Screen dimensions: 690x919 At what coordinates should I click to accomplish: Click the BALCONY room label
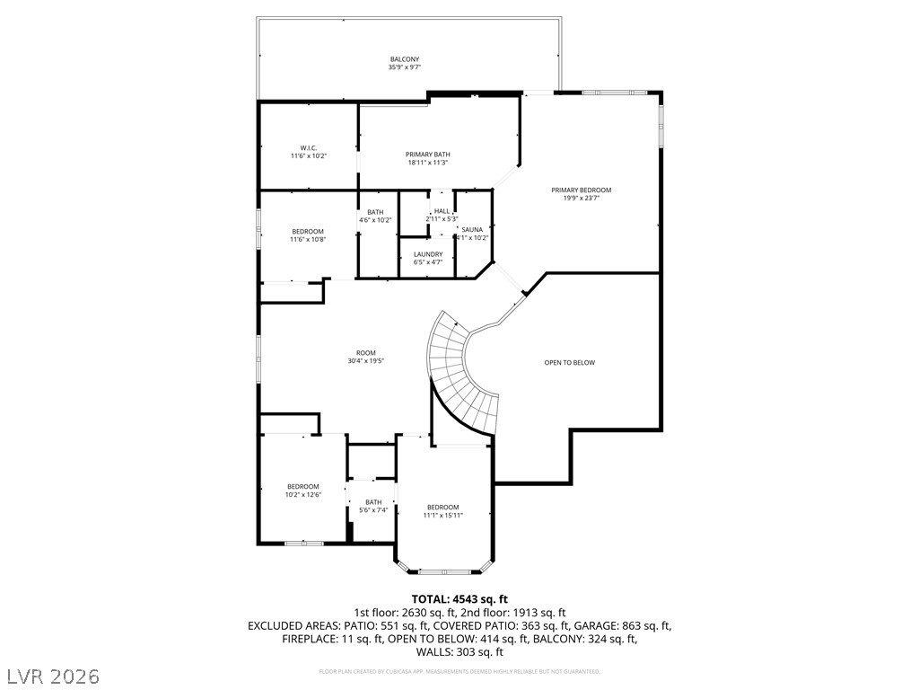pos(404,63)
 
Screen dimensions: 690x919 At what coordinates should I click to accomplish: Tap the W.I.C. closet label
pos(308,152)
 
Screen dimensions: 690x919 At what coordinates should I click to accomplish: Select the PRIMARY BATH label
pos(427,158)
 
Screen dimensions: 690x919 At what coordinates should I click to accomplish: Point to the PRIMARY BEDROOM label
pos(581,194)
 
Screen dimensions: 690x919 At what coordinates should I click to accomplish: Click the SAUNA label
pos(472,234)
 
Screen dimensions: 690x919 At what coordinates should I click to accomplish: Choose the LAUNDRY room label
pos(427,258)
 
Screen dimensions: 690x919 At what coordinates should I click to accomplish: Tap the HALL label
pos(442,215)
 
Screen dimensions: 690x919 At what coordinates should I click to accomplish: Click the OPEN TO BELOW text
pos(569,363)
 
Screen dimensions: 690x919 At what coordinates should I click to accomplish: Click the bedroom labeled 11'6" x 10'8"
pos(308,235)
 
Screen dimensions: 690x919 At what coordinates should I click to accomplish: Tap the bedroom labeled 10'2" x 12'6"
pos(303,490)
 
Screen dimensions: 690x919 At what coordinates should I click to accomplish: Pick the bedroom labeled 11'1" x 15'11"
pos(442,510)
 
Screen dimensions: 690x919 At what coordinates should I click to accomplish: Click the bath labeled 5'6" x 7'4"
pos(373,506)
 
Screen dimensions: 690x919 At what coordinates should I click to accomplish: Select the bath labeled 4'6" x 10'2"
pos(375,216)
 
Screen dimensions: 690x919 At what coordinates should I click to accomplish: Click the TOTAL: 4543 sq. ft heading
pos(459,598)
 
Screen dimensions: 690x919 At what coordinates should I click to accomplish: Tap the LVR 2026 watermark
pos(53,675)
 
